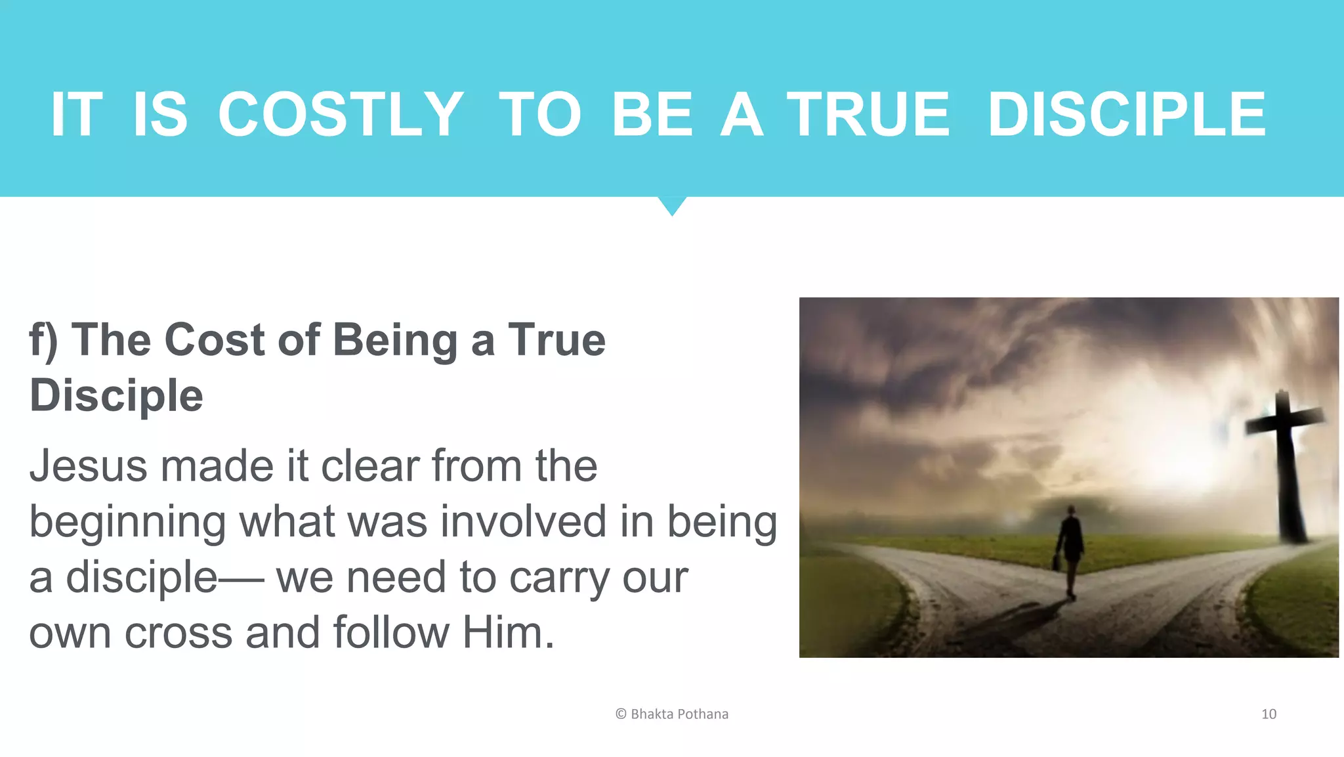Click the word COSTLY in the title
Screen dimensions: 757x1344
tap(340, 115)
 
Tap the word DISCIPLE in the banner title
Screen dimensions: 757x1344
tap(1126, 115)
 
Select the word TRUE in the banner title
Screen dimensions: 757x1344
tap(868, 115)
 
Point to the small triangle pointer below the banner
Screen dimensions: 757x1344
tap(672, 205)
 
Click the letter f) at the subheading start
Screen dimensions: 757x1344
tap(43, 340)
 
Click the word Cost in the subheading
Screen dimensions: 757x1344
tap(215, 340)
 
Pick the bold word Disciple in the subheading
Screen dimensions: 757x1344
tap(116, 395)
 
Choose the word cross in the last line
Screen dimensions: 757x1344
tap(178, 633)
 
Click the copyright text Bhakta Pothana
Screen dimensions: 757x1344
tap(679, 714)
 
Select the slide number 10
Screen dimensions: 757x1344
tap(1269, 714)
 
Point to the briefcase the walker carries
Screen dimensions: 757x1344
tap(1056, 561)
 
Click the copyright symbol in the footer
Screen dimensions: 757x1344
tap(621, 714)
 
